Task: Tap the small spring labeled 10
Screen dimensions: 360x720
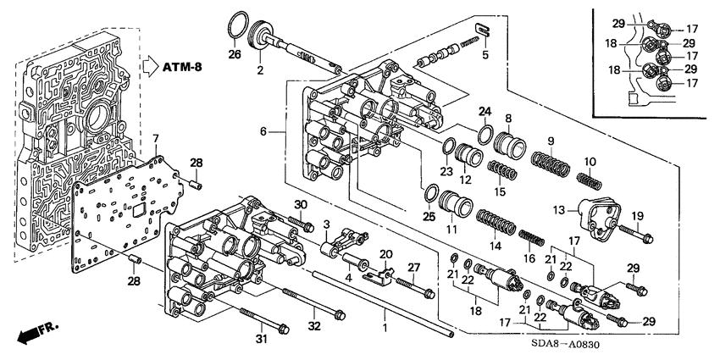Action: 587,180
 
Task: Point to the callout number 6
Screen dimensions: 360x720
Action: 263,132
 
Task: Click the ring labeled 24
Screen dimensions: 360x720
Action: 485,132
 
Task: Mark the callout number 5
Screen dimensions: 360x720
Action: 485,57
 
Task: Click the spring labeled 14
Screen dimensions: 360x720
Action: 494,225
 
